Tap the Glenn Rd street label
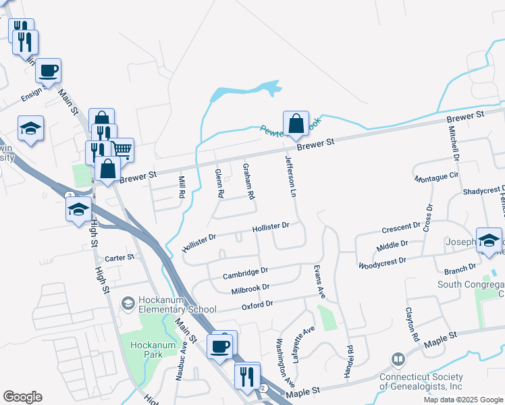(x=219, y=183)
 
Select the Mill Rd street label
(x=182, y=186)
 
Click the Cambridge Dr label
(x=246, y=273)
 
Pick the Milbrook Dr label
(x=250, y=288)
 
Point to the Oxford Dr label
(x=257, y=304)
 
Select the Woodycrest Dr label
(x=382, y=263)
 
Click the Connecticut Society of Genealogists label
(x=421, y=381)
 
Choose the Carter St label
(x=121, y=259)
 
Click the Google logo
(x=22, y=397)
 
